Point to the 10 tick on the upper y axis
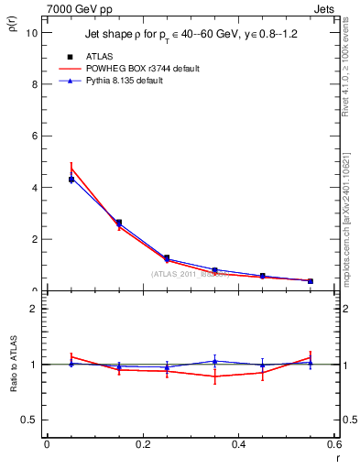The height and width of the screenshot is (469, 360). point(32,32)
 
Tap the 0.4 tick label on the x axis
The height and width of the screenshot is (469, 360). point(239,444)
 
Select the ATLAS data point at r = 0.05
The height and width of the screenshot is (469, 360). point(71,180)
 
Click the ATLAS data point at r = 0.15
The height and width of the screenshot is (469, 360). point(119,223)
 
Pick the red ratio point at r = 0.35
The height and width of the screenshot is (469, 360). point(214,376)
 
